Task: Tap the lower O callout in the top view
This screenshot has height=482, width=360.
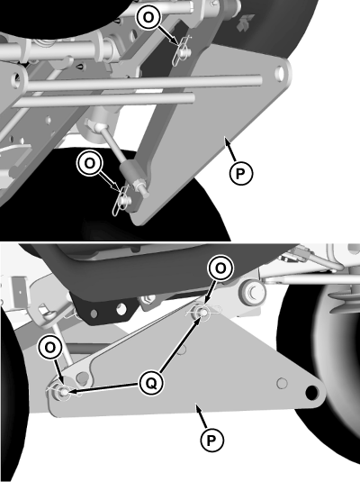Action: (x=88, y=163)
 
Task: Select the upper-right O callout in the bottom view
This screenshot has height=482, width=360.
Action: (x=220, y=268)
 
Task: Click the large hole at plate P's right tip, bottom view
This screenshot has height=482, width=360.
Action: (x=312, y=392)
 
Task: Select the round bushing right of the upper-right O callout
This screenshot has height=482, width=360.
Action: (x=252, y=292)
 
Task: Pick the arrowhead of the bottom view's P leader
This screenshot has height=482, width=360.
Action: (x=196, y=408)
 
